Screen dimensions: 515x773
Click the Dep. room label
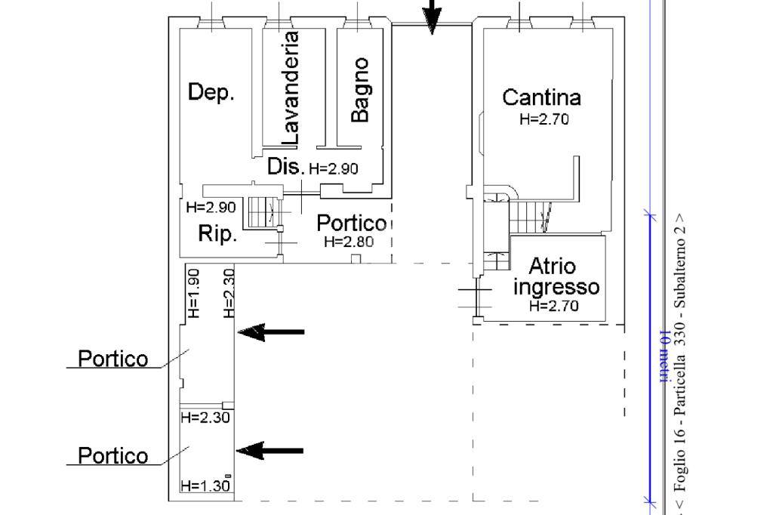point(211,93)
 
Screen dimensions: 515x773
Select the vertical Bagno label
point(361,89)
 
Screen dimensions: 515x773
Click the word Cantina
point(541,97)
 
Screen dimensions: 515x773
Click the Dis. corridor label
point(285,166)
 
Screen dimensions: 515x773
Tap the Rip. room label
point(217,234)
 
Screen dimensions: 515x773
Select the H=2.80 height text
point(348,242)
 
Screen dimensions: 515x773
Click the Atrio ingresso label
point(555,276)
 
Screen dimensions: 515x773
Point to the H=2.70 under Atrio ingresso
point(554,306)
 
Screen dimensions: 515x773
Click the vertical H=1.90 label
point(192,293)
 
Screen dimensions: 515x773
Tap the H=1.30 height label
point(204,486)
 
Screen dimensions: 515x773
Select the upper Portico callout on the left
point(113,359)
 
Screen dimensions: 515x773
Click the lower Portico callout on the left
point(113,456)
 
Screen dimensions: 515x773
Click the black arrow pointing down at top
point(431,17)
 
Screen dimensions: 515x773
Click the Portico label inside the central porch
point(351,224)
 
